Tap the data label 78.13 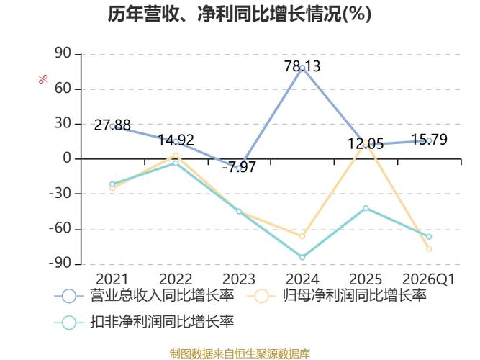coord(302,66)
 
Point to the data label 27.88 coord(112,125)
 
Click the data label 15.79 coord(429,139)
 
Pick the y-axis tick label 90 coord(63,54)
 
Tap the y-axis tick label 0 coord(68,159)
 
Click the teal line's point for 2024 coord(302,257)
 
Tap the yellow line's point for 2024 coord(302,236)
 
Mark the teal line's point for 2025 coord(366,208)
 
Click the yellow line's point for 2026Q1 coord(429,248)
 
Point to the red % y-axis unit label coord(43,79)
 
